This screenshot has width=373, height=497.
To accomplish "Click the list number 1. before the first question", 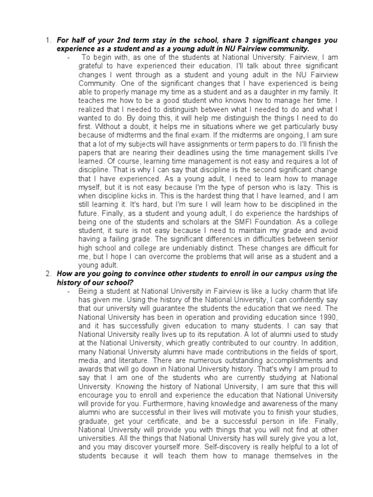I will [49, 40].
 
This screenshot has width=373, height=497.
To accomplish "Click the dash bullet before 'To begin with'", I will [69, 57].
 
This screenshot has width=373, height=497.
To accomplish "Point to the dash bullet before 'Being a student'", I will [69, 291].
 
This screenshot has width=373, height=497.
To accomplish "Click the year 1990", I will [328, 317].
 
